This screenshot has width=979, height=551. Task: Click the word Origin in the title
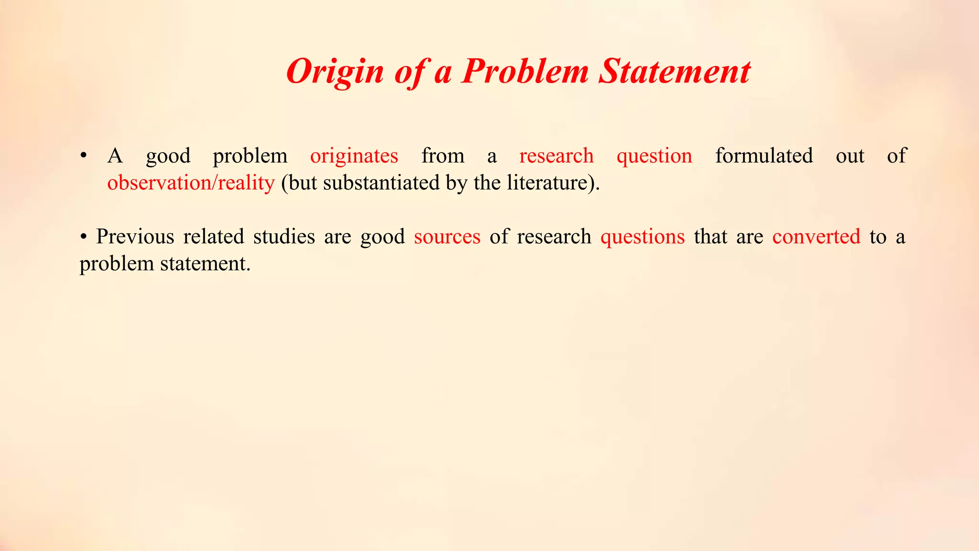(335, 72)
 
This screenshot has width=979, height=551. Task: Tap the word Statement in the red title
(674, 72)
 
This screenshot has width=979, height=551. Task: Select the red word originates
(354, 156)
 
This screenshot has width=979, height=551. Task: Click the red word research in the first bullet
(556, 156)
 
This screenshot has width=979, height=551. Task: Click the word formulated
(764, 156)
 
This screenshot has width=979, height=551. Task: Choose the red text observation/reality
(191, 183)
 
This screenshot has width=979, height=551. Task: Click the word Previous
(135, 237)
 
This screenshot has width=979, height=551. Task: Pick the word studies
(284, 237)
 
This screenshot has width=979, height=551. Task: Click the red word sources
(447, 237)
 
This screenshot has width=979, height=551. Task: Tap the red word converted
(816, 237)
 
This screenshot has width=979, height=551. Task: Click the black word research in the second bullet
(554, 237)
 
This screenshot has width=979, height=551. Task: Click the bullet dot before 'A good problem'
(84, 155)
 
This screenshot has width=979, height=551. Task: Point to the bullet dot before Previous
(84, 237)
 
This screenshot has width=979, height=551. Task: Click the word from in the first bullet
(443, 156)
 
